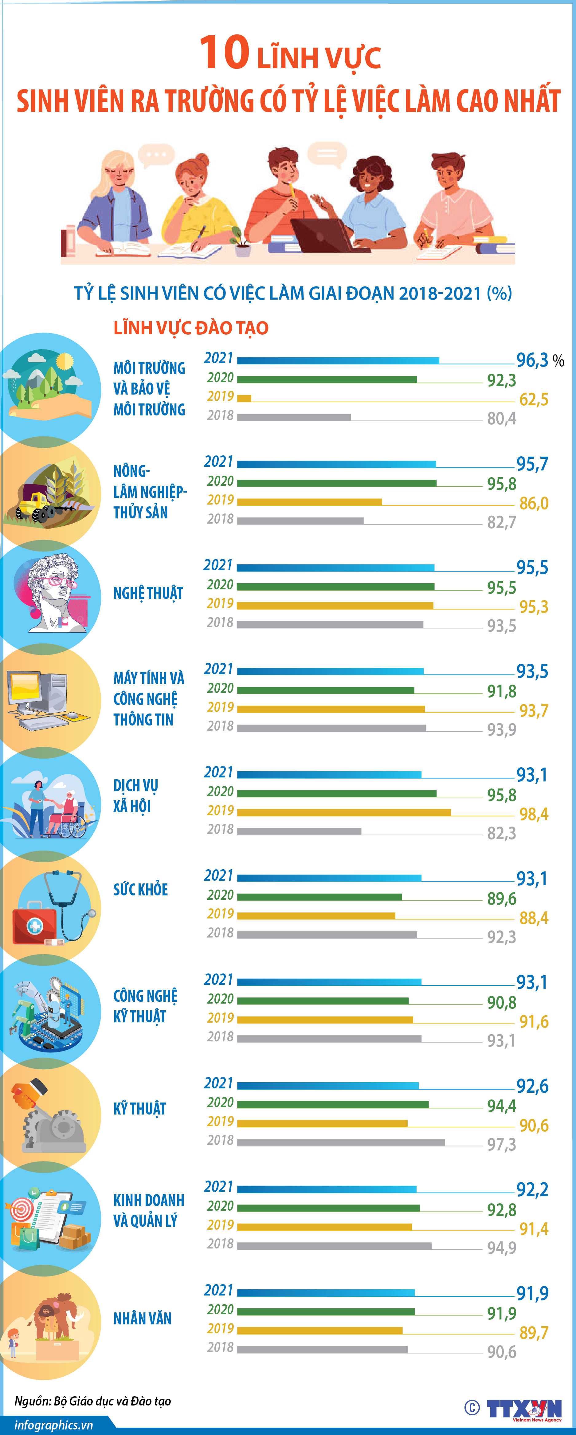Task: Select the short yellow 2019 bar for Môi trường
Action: coord(244,398)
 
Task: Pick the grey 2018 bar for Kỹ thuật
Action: coord(341,1142)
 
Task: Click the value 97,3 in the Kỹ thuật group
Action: coord(501,1145)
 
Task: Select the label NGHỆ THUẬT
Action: coord(148,593)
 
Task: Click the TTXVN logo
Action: coord(524,1408)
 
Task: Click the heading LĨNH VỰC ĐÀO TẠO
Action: coord(191,328)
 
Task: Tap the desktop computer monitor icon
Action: coord(25,691)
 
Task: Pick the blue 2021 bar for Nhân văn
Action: coord(326,1292)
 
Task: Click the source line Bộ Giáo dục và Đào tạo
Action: coord(92,1401)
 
